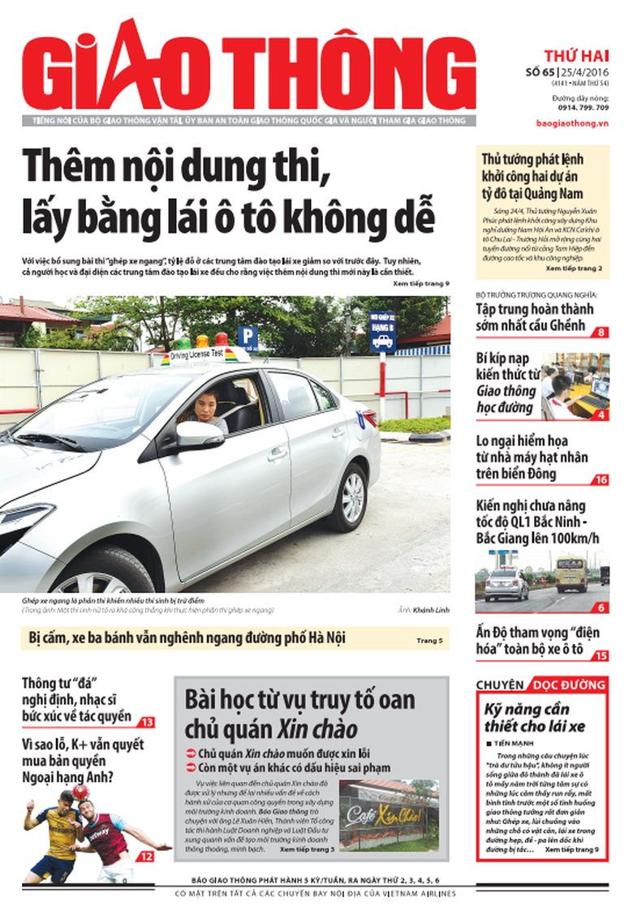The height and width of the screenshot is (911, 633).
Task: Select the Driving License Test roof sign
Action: [195, 355]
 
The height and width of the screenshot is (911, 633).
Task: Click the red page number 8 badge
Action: [601, 332]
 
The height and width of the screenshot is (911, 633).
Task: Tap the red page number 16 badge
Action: [601, 480]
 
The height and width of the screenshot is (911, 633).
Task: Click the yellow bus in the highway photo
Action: [571, 574]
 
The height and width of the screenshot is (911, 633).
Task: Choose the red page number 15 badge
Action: [601, 655]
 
